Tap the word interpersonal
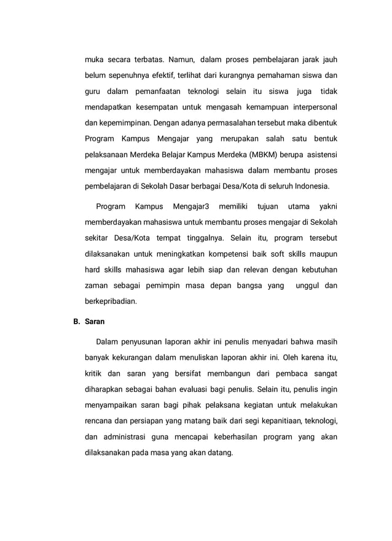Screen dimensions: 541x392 (x=312, y=107)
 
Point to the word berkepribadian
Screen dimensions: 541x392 (x=111, y=302)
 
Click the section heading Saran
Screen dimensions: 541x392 (x=95, y=321)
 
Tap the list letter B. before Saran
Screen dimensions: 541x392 (x=77, y=321)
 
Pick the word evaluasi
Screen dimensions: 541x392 (x=197, y=389)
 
